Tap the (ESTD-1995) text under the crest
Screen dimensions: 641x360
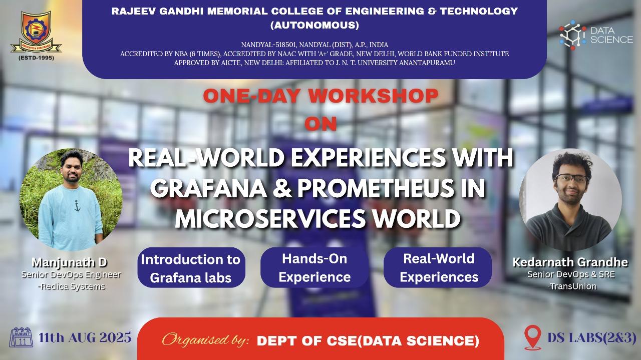(37, 58)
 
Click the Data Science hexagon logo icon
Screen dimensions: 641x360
(572, 35)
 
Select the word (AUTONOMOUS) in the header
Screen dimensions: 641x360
(314, 25)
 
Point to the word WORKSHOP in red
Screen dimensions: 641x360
(373, 96)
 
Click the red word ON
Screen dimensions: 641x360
(320, 124)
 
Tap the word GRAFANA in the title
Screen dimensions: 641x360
(209, 188)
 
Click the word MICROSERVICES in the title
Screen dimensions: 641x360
(270, 219)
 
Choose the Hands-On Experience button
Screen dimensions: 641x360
(314, 267)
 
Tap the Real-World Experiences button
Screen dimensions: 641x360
(438, 267)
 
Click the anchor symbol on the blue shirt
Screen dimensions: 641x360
(77, 206)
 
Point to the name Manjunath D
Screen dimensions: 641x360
(69, 262)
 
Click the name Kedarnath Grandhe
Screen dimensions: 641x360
(570, 262)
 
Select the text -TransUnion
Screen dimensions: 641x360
(572, 286)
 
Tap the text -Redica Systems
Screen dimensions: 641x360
(72, 286)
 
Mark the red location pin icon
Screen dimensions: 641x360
(532, 337)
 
